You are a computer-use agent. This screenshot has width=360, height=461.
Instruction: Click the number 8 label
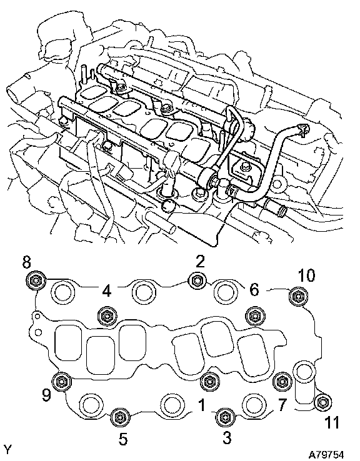tap(26, 262)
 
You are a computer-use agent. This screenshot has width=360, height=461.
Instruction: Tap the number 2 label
tap(200, 261)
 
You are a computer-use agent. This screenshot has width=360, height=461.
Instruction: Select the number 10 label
tap(306, 275)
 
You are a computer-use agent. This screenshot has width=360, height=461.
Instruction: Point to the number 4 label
tap(107, 290)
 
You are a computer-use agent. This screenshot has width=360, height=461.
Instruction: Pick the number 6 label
tap(254, 290)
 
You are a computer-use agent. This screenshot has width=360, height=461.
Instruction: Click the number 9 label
tap(46, 395)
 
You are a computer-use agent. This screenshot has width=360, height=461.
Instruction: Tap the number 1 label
tap(202, 405)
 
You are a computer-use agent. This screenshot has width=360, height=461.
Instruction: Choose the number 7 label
tap(282, 405)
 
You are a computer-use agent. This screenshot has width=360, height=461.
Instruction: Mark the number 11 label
tap(331, 422)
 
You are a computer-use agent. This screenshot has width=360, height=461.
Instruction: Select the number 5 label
tap(123, 439)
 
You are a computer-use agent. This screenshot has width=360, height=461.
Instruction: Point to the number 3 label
tap(226, 437)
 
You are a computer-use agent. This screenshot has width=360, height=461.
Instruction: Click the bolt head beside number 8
tap(36, 280)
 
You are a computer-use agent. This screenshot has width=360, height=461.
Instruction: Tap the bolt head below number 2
tap(196, 280)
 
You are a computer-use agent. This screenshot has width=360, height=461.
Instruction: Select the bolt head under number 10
tap(298, 297)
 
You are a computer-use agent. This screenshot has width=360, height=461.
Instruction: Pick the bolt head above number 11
tap(323, 402)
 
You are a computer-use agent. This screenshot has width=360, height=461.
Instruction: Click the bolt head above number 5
tap(120, 417)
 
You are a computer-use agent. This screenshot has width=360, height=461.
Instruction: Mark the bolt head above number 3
tap(224, 417)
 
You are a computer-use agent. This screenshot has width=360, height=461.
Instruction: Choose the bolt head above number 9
tap(61, 381)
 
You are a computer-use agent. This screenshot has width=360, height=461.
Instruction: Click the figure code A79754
tap(326, 455)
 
